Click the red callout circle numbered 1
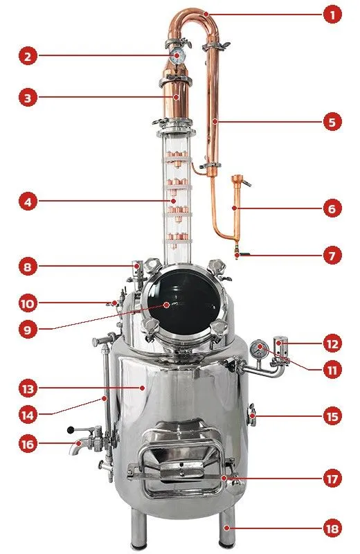pos(332,15)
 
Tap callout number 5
pos(332,122)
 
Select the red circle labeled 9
pos(28,330)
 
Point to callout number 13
pos(28,388)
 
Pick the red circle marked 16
pos(28,444)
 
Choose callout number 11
pos(332,370)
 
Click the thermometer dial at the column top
pos(177,56)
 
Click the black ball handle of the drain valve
pos(71,430)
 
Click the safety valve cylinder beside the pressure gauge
pos(281,346)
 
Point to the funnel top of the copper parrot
pos(236,178)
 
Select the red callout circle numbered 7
pos(332,256)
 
